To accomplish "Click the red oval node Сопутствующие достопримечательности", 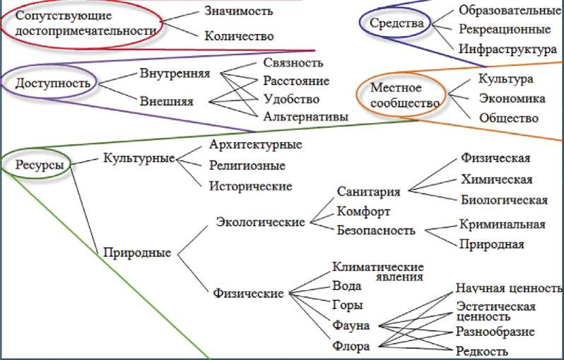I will click(x=83, y=24).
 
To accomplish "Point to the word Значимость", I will click(x=238, y=11).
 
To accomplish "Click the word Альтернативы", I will click(x=305, y=117).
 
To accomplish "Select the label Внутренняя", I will click(x=175, y=74).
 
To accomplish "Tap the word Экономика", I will click(x=512, y=98).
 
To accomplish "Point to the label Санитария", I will click(x=368, y=192).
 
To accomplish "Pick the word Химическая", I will click(x=496, y=179).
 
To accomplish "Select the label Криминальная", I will click(x=502, y=224).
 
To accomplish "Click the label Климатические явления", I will click(x=377, y=271).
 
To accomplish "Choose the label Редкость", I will click(x=482, y=350).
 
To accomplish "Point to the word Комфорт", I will click(x=363, y=211).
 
